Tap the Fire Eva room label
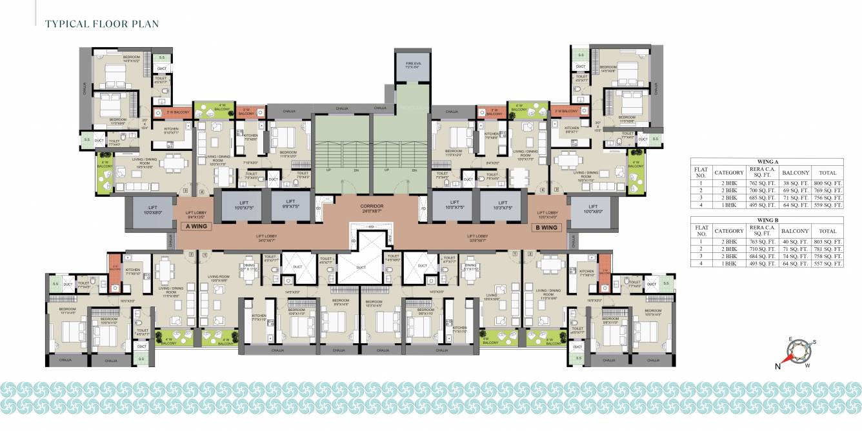pos(413,64)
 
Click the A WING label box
pos(195,227)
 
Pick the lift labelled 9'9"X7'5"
pos(291,206)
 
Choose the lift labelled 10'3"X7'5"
pos(501,206)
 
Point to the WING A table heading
pos(767,163)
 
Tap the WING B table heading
pos(767,221)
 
